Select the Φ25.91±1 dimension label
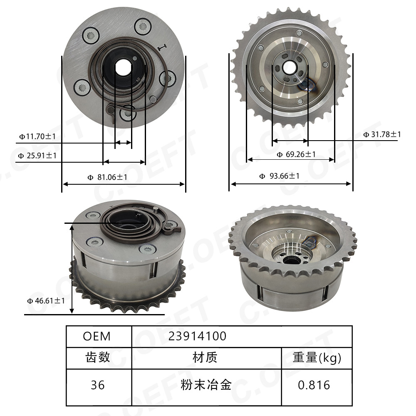(37, 156)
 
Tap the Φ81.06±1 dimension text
(107, 178)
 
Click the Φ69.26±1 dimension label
(296, 155)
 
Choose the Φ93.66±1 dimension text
(280, 176)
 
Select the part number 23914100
(197, 336)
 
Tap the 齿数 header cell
(98, 357)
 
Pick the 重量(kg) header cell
(317, 357)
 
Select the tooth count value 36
(98, 385)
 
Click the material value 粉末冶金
(206, 385)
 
